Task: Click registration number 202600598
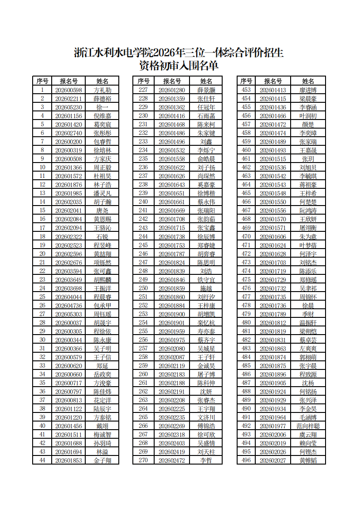point(68,90)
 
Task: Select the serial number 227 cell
point(143,90)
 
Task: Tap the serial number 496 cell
point(246,460)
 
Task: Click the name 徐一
point(102,107)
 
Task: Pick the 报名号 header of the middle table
point(172,81)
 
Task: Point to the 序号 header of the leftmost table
point(42,81)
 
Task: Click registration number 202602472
point(172,460)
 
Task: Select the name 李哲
point(206,460)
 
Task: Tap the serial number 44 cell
point(42,460)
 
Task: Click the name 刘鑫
point(206,142)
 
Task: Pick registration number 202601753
point(172,245)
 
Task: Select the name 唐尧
point(102,211)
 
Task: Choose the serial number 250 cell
point(143,288)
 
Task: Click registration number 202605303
point(68,314)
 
